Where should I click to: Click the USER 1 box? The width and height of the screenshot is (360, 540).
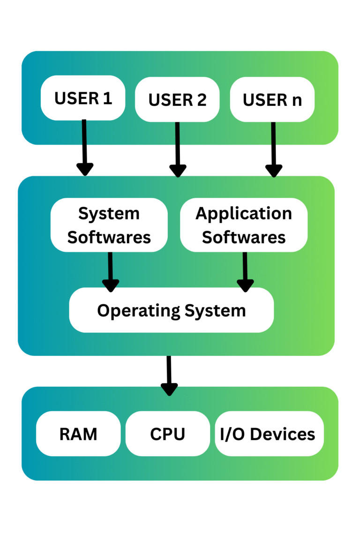click(x=83, y=98)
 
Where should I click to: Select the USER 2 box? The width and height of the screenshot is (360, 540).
click(x=177, y=99)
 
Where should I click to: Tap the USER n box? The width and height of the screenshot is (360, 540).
click(x=272, y=99)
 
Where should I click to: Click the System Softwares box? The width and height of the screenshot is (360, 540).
click(x=109, y=225)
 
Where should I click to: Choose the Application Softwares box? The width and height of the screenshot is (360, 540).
click(x=244, y=225)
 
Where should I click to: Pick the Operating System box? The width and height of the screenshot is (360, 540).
click(x=171, y=310)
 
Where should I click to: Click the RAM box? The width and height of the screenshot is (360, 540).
click(x=78, y=434)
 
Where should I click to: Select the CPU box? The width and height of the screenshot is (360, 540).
click(x=167, y=434)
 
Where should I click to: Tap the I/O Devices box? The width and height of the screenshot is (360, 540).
click(x=269, y=434)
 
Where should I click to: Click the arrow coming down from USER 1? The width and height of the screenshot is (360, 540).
click(x=85, y=148)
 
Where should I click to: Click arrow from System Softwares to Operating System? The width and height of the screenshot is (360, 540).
click(x=111, y=272)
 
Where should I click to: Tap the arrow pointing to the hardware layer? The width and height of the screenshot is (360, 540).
click(x=169, y=375)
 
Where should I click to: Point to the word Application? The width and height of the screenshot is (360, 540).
click(x=244, y=214)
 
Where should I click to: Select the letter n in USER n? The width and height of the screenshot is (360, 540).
click(x=296, y=100)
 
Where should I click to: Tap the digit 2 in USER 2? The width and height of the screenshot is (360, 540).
click(x=202, y=100)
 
